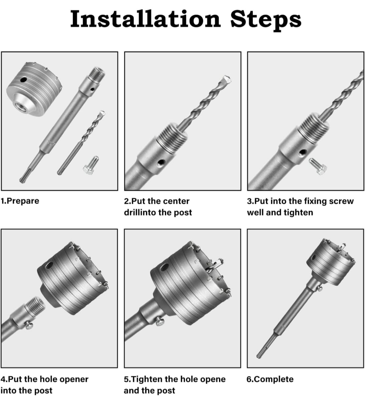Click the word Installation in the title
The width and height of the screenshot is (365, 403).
(145, 19)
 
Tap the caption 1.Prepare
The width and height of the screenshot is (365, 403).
(20, 201)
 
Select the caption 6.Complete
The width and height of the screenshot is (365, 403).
(270, 379)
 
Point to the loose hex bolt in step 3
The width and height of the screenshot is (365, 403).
(318, 166)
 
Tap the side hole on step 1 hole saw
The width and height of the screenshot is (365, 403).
(23, 80)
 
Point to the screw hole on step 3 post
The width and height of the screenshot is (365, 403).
(302, 153)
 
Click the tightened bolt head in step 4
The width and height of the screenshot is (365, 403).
(29, 325)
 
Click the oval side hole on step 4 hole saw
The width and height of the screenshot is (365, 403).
(49, 265)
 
